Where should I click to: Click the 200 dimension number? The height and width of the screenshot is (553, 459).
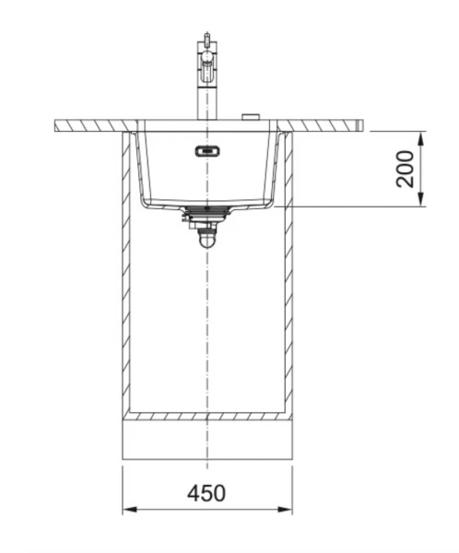(x=406, y=168)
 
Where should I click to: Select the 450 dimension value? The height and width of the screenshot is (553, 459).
(x=207, y=493)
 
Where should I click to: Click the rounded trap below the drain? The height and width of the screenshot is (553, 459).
(x=207, y=238)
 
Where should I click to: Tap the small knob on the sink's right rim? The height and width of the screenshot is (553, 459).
(x=248, y=116)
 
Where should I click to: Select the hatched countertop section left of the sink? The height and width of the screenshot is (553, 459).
(x=92, y=124)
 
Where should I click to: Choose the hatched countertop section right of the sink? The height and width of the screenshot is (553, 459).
(x=323, y=124)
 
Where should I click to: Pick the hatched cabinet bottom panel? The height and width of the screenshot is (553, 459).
(x=207, y=417)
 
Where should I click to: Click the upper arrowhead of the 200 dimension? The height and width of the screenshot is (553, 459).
(x=421, y=136)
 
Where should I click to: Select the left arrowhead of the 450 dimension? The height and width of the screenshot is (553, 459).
(x=130, y=510)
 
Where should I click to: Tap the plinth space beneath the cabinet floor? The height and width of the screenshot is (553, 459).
(x=207, y=441)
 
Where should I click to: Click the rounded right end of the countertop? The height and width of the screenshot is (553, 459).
(x=364, y=124)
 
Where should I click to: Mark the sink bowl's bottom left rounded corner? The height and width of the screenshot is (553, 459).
(x=144, y=199)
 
